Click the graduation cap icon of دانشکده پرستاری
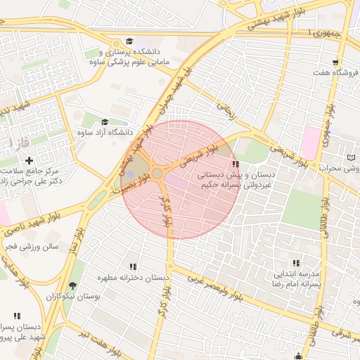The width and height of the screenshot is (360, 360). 129,41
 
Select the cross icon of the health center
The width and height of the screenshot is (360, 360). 28,161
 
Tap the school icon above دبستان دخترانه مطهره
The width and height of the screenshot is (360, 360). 132,266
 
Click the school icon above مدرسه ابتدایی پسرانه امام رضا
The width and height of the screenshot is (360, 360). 295,262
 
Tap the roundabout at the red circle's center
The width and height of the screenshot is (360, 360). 157,173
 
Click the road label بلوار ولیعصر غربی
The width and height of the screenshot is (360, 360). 214,286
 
